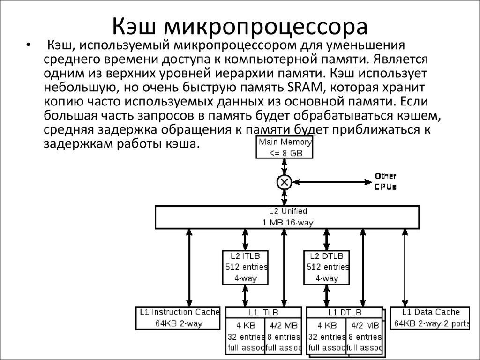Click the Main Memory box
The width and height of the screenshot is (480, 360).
pyautogui.click(x=285, y=147)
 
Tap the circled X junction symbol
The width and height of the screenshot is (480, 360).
pyautogui.click(x=285, y=182)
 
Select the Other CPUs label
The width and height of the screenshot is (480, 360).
pyautogui.click(x=385, y=181)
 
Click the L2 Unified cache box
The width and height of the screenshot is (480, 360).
pyautogui.click(x=287, y=217)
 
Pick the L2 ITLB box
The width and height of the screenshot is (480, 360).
pyautogui.click(x=245, y=268)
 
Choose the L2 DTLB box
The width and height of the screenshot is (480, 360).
pyautogui.click(x=327, y=268)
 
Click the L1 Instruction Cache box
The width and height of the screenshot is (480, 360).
pyautogui.click(x=178, y=318)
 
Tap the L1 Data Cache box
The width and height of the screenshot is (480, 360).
pyautogui.click(x=430, y=318)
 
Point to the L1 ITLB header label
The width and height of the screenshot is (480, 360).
pyautogui.click(x=263, y=313)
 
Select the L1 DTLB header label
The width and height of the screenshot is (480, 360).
pyautogui.click(x=345, y=313)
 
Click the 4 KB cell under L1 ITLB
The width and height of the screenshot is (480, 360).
pyautogui.click(x=245, y=336)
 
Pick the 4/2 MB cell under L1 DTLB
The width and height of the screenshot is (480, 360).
pyautogui.click(x=364, y=336)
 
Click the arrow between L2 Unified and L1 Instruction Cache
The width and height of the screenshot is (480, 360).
pyautogui.click(x=189, y=268)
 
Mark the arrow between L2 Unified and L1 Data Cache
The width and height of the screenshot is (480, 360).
pyautogui.click(x=405, y=268)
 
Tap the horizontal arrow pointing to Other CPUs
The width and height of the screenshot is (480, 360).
pyautogui.click(x=332, y=182)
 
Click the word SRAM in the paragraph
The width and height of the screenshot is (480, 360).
pyautogui.click(x=305, y=88)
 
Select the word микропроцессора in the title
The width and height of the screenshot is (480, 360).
pyautogui.click(x=265, y=27)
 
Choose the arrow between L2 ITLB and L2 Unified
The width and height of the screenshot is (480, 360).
pyautogui.click(x=245, y=240)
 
